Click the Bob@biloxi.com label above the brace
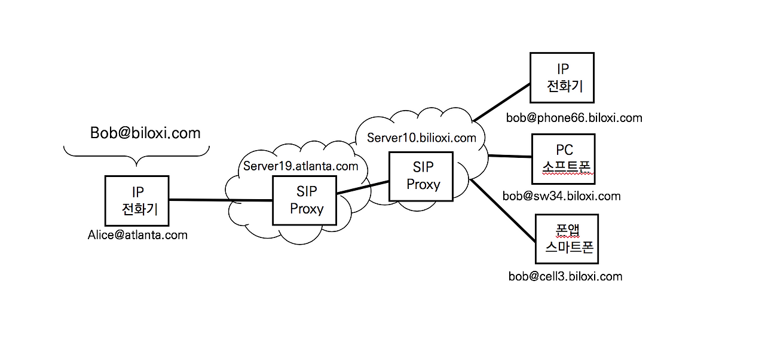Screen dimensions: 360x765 pos(145,133)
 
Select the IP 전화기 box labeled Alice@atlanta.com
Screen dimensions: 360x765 pos(136,200)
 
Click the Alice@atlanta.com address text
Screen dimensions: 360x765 pos(137,235)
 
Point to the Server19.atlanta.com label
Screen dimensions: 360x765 pos(301,166)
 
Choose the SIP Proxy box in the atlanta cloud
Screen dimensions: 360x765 pos(304,200)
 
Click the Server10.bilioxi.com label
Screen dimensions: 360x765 pos(421,138)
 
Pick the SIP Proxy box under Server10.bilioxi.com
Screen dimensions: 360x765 pos(421,176)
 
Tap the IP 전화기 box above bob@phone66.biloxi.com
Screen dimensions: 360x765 pos(562,77)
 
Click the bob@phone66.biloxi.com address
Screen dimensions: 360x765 pos(574,118)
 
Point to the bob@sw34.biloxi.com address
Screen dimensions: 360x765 pos(561,196)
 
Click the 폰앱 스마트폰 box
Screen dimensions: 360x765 pos(567,239)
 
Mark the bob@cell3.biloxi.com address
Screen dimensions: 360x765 pos(565,276)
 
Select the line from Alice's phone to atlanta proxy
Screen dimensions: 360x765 pos(221,200)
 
